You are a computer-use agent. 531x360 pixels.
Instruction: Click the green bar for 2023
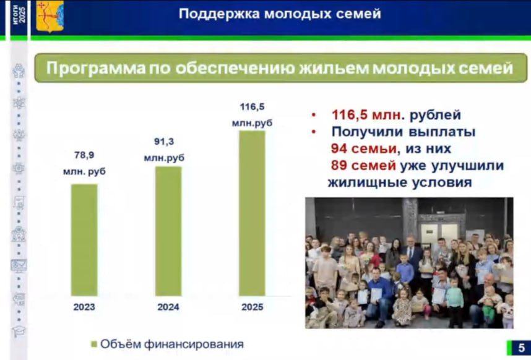coord(84,240)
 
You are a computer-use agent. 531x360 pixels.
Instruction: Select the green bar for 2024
coord(168,231)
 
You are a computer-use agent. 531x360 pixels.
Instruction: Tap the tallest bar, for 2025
coord(252,213)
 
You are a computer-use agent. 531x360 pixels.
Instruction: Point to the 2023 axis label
coord(84,307)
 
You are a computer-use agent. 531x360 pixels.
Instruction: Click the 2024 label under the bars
coord(168,307)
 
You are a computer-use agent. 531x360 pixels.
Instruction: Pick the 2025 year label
coord(252,307)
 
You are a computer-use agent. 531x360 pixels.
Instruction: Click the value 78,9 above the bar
coord(84,155)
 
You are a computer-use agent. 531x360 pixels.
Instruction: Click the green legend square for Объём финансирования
coord(94,344)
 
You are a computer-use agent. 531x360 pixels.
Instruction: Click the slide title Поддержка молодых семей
coord(280,14)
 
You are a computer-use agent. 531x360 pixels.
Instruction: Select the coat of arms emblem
coord(50,16)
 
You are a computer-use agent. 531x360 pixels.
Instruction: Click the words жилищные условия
coord(399,182)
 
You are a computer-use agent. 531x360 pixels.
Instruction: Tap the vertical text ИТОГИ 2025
coord(20,15)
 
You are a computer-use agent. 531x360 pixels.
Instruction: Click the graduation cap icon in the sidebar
coord(19,332)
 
